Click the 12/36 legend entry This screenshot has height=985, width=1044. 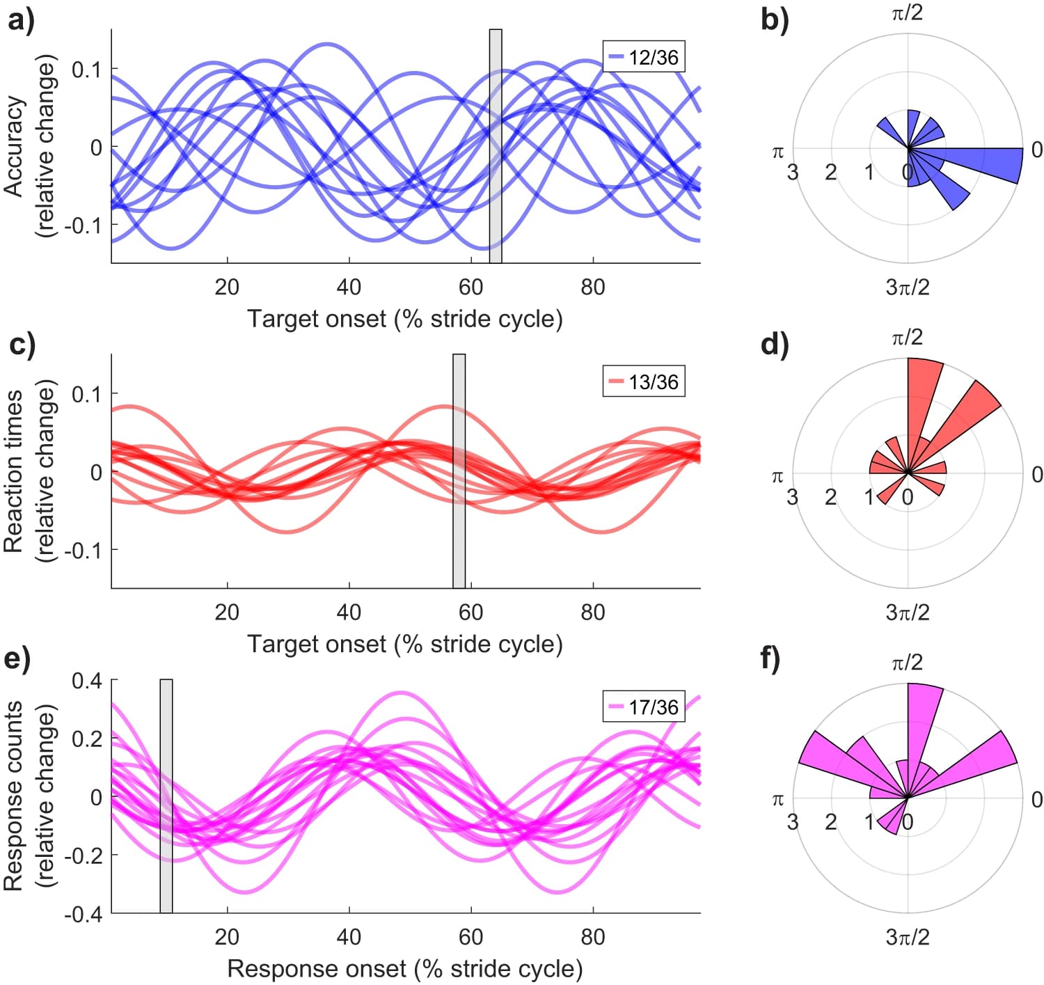[644, 57]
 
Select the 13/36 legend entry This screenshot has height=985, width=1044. [644, 381]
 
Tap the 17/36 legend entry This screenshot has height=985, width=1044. [644, 707]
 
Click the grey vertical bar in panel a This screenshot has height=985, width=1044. [496, 146]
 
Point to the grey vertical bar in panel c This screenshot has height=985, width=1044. [459, 471]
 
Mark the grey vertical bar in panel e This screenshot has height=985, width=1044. [166, 796]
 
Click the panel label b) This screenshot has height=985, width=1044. [775, 19]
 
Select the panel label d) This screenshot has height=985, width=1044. [775, 345]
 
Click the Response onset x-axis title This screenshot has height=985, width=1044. [404, 968]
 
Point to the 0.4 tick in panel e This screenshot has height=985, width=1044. [87, 680]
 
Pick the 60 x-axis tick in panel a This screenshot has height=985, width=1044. [470, 287]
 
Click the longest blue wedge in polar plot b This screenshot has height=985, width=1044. [988, 164]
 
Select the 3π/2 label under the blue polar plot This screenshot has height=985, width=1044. [908, 287]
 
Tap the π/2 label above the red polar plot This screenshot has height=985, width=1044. [908, 338]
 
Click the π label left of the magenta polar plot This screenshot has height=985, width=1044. [778, 800]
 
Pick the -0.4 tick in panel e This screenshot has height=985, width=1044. [83, 913]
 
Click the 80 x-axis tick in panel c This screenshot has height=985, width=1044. [592, 612]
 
